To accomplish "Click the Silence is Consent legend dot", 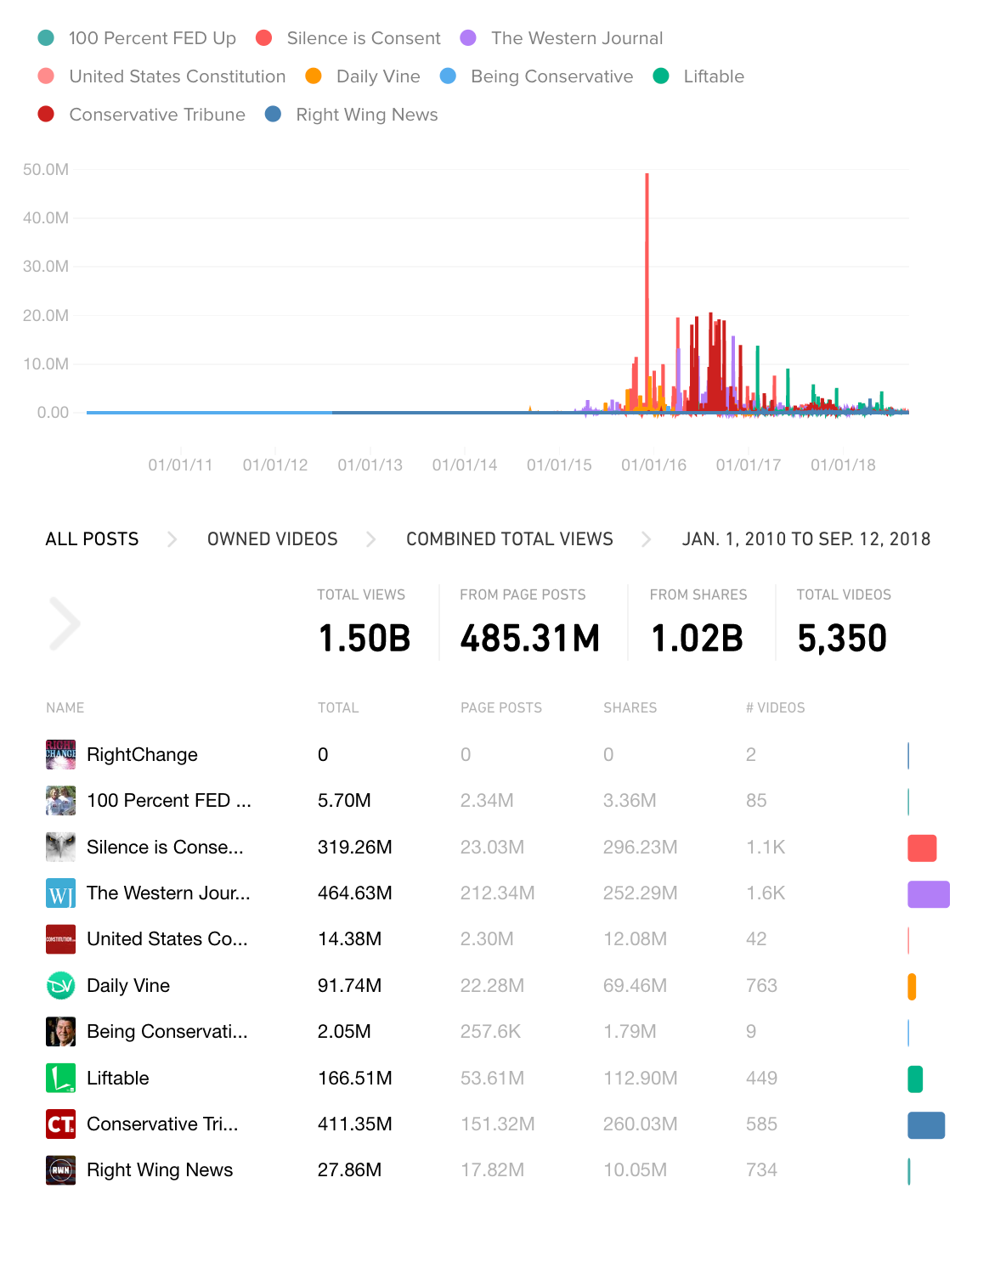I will pyautogui.click(x=264, y=38).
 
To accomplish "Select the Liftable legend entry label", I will pyautogui.click(x=713, y=76).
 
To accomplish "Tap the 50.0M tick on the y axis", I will pyautogui.click(x=46, y=170).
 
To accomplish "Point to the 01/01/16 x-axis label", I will pyautogui.click(x=653, y=465).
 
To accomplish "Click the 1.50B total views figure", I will pyautogui.click(x=365, y=639).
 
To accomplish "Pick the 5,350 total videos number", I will pyautogui.click(x=842, y=639).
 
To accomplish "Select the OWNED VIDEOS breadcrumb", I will pyautogui.click(x=272, y=539).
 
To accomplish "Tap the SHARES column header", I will pyautogui.click(x=630, y=707).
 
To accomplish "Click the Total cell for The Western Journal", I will pyautogui.click(x=354, y=893).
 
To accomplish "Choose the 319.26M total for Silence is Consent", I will pyautogui.click(x=354, y=848).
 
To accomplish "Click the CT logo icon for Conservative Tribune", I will pyautogui.click(x=60, y=1124).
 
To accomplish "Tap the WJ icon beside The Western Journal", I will pyautogui.click(x=60, y=893).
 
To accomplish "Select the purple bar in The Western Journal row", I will pyautogui.click(x=928, y=894).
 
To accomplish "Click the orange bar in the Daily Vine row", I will pyautogui.click(x=912, y=986).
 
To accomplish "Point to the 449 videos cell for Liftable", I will pyautogui.click(x=761, y=1079).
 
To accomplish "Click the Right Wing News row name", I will pyautogui.click(x=160, y=1170).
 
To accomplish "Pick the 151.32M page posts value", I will pyautogui.click(x=497, y=1124).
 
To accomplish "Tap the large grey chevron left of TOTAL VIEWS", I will pyautogui.click(x=65, y=624).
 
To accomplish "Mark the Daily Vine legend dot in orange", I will pyautogui.click(x=314, y=76).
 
